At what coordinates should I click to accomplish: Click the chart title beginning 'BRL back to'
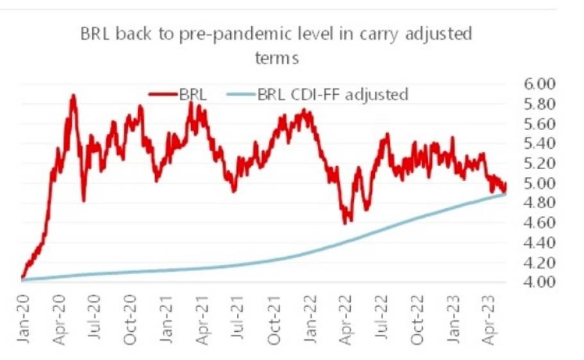(x=276, y=34)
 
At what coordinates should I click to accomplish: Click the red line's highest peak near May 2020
(x=73, y=95)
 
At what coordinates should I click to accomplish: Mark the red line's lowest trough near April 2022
(x=346, y=222)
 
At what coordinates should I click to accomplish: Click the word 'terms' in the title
(x=276, y=58)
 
